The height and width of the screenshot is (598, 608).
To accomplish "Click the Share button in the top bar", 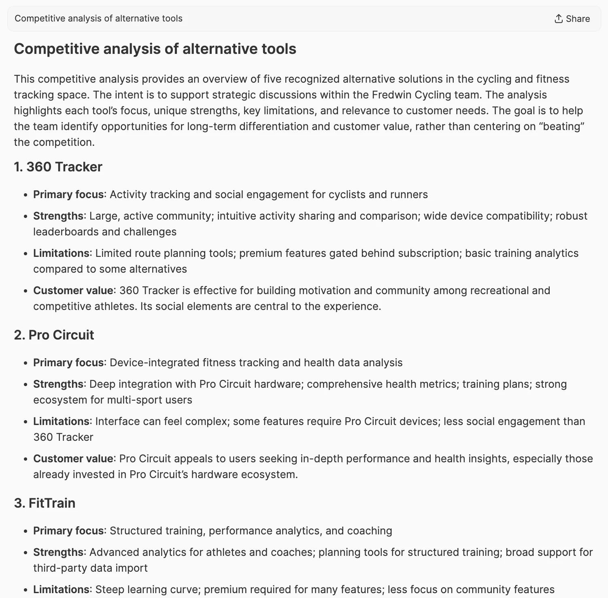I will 572,19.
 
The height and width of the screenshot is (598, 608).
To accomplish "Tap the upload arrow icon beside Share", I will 559,19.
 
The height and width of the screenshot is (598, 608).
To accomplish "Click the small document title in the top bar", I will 98,19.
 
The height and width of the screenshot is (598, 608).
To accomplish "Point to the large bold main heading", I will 155,49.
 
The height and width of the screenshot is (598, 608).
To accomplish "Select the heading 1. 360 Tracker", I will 58,167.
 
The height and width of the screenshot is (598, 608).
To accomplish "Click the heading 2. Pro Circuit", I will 54,335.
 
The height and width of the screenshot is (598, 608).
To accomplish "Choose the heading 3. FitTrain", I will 45,503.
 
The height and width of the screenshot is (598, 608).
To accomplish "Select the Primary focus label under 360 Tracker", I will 68,194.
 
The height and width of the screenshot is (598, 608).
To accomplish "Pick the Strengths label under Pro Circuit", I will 58,384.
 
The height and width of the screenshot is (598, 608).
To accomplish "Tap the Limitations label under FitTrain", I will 61,589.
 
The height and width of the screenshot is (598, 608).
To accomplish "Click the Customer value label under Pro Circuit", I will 73,459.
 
